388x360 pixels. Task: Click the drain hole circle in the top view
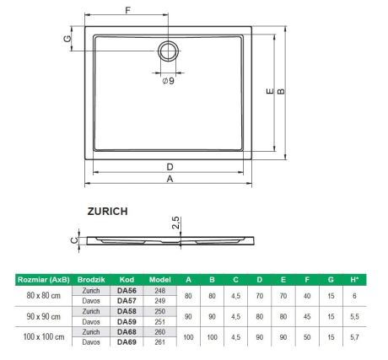click(168, 51)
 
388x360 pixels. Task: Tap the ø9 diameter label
click(169, 82)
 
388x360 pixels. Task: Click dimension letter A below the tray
click(171, 179)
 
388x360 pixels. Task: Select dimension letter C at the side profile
click(73, 239)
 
